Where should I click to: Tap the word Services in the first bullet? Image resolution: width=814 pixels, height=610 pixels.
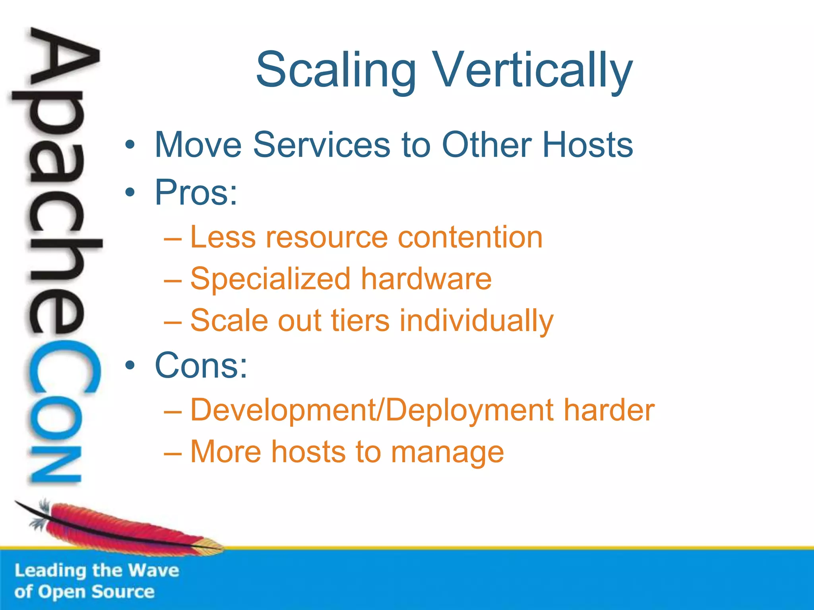[322, 145]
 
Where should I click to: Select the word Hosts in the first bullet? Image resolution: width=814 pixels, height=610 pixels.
[587, 145]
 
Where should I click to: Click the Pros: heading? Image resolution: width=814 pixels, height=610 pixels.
[196, 193]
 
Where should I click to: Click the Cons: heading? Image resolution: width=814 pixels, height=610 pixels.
[201, 365]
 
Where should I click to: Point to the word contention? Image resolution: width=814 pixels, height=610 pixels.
[470, 237]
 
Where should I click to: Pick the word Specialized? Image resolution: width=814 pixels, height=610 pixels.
[270, 279]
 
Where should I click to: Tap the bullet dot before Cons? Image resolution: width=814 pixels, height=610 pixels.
[130, 365]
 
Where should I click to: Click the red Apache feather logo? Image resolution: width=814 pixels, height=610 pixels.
[119, 528]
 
